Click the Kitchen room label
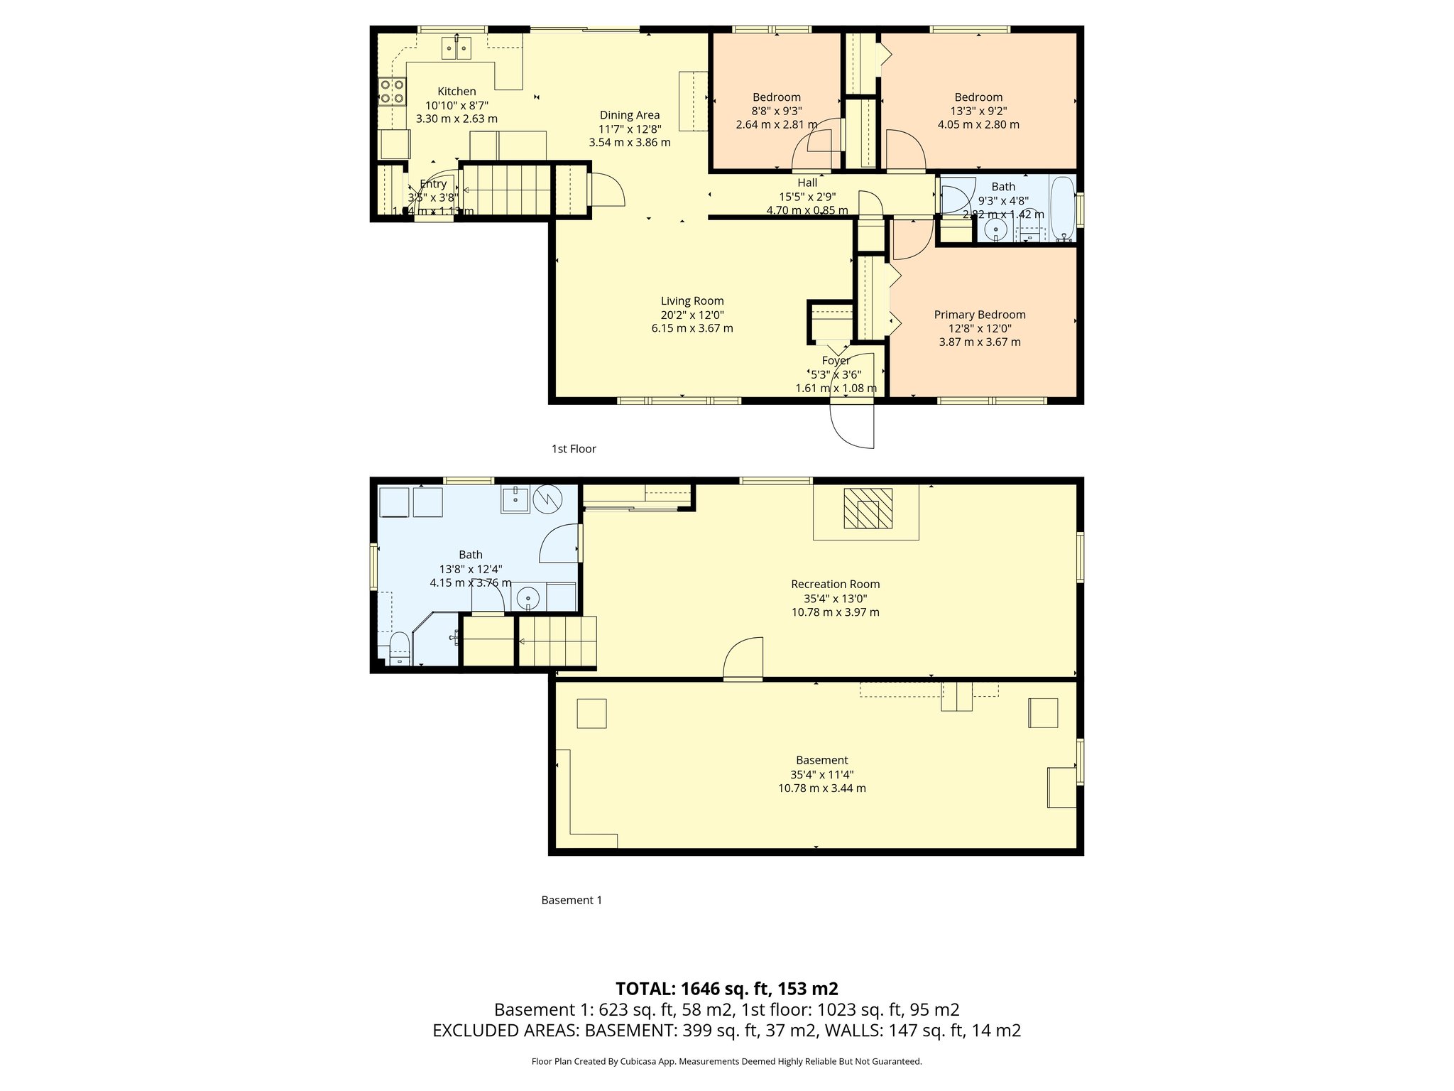(x=457, y=92)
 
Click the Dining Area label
(x=629, y=115)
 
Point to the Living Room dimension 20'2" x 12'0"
(x=692, y=315)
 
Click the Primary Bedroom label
(x=979, y=315)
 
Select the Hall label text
(x=807, y=183)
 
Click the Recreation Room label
(x=835, y=585)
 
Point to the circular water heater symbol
(x=548, y=499)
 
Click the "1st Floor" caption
(x=574, y=449)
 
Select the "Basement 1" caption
(x=572, y=900)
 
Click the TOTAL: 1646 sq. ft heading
(x=726, y=989)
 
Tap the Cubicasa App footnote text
(x=726, y=1062)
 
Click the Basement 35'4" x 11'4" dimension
(x=821, y=775)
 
